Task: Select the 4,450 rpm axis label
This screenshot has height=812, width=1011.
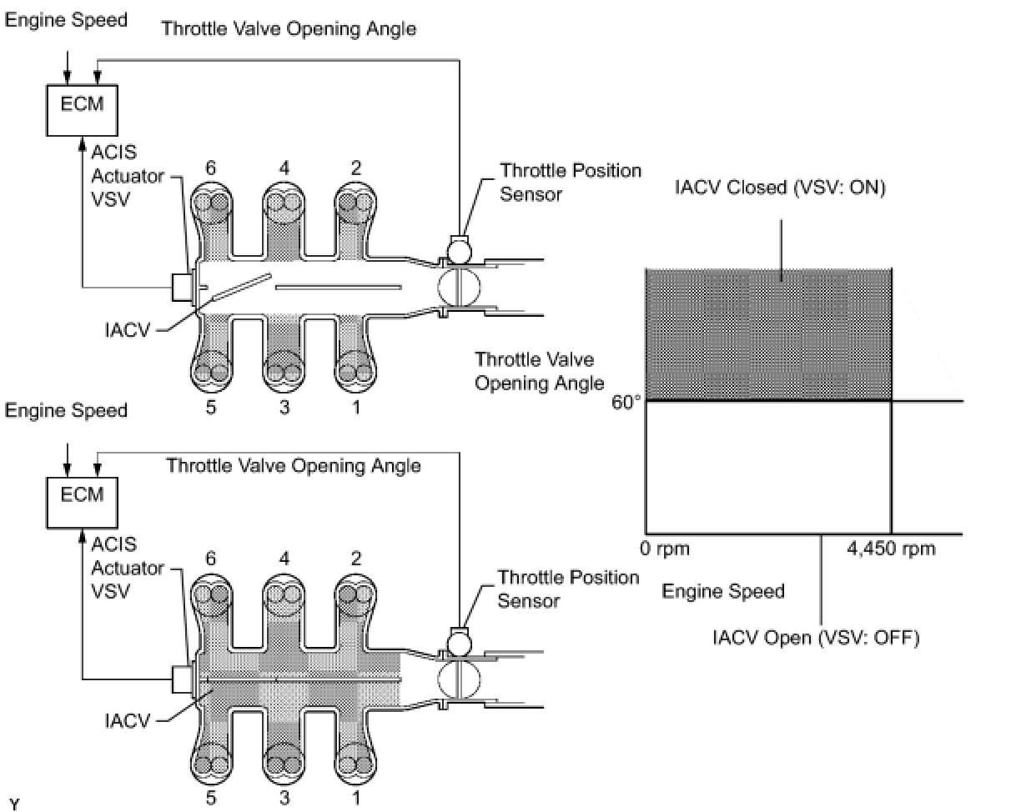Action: [x=890, y=549]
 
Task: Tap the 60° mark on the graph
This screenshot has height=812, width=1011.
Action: [x=628, y=401]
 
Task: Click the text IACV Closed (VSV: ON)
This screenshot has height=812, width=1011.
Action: [x=780, y=188]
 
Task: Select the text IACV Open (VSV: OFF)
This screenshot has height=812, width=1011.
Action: [x=815, y=639]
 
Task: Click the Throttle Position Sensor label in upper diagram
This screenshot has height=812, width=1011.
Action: [x=570, y=183]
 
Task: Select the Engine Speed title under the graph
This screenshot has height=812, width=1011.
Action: [x=722, y=592]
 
